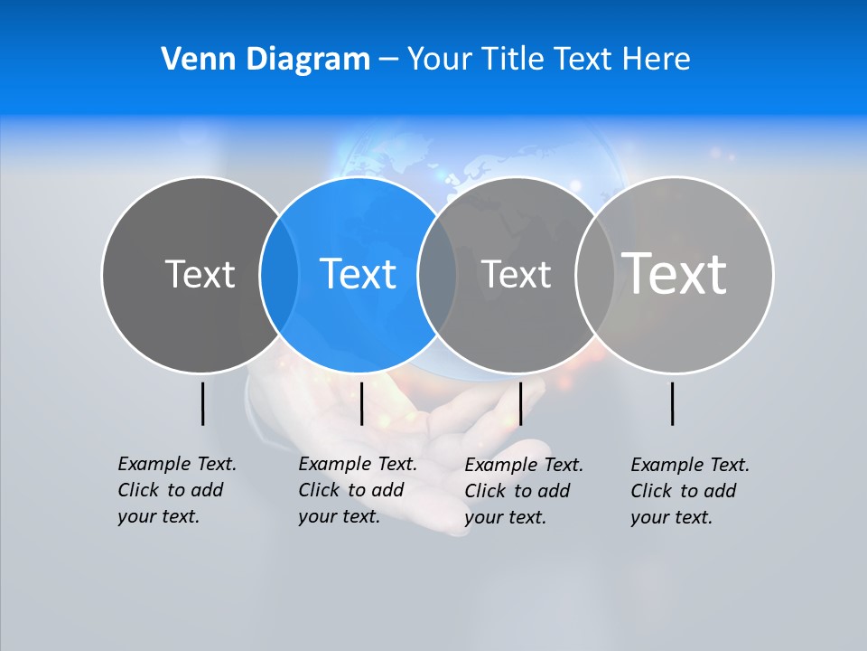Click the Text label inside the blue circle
point(358,274)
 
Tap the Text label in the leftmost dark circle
point(200,274)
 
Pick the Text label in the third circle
point(516,274)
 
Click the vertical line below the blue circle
point(361,403)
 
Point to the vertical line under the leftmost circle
point(202,403)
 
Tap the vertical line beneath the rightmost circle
point(673,403)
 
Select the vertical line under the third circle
point(520,403)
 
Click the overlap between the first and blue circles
point(279,274)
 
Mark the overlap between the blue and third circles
point(437,274)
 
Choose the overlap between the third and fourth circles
point(594,274)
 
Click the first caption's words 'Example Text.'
point(177,464)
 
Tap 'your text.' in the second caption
point(340,516)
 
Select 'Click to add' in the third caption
point(517,491)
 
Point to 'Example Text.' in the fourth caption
point(690,465)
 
